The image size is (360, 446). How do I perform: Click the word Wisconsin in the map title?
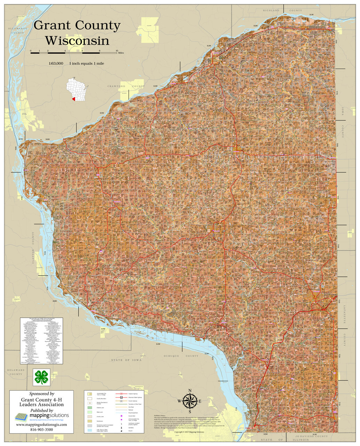pyautogui.click(x=77, y=40)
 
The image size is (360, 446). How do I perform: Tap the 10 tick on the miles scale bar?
pyautogui.click(x=117, y=51)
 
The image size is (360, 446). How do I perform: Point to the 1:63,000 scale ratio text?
pyautogui.click(x=56, y=63)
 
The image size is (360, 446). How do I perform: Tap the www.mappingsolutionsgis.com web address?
pyautogui.click(x=41, y=424)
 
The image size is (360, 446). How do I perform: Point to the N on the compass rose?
pyautogui.click(x=190, y=391)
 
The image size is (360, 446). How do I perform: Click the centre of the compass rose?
pyautogui.click(x=190, y=401)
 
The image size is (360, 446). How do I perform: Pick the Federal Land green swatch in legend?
pyautogui.click(x=89, y=407)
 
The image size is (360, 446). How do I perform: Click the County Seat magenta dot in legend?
pyautogui.click(x=121, y=416)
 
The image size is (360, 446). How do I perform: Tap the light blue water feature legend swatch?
pyautogui.click(x=89, y=430)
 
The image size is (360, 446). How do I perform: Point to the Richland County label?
pyautogui.click(x=282, y=11)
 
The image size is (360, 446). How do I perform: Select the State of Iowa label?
pyautogui.click(x=126, y=360)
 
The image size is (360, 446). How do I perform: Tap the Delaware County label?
pyautogui.click(x=16, y=372)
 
